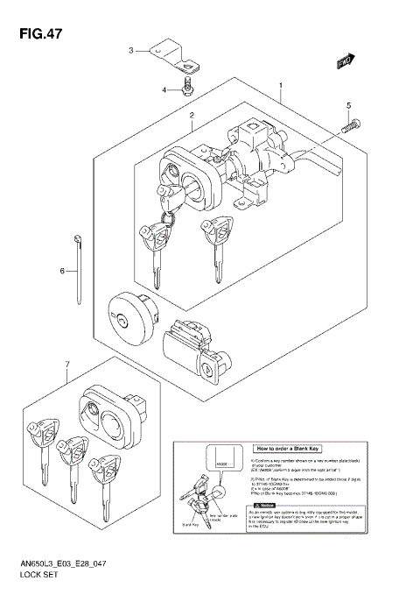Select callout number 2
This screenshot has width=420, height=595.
point(191,115)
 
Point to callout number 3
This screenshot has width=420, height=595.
point(131,51)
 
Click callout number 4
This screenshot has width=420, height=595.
point(164,89)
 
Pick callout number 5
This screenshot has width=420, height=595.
point(348,106)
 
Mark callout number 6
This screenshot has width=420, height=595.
point(62,271)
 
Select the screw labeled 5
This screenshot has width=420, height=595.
point(347,126)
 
